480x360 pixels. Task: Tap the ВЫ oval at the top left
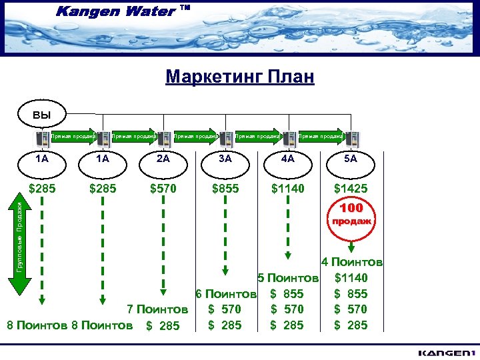click(x=42, y=114)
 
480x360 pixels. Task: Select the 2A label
click(x=163, y=159)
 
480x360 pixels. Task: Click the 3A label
click(x=225, y=159)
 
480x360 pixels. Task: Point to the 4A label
click(x=287, y=159)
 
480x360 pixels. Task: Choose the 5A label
click(x=350, y=159)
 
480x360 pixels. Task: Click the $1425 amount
click(x=350, y=189)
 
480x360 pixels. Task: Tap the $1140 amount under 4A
click(x=287, y=189)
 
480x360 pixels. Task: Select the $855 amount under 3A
click(x=225, y=189)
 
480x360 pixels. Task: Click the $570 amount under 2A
click(x=163, y=189)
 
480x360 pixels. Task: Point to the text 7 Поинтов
click(x=158, y=309)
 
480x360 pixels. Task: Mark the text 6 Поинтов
click(x=225, y=294)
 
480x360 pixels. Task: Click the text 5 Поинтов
click(x=289, y=278)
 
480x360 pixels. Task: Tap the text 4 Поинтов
click(x=351, y=263)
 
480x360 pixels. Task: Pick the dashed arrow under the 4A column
click(x=287, y=231)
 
